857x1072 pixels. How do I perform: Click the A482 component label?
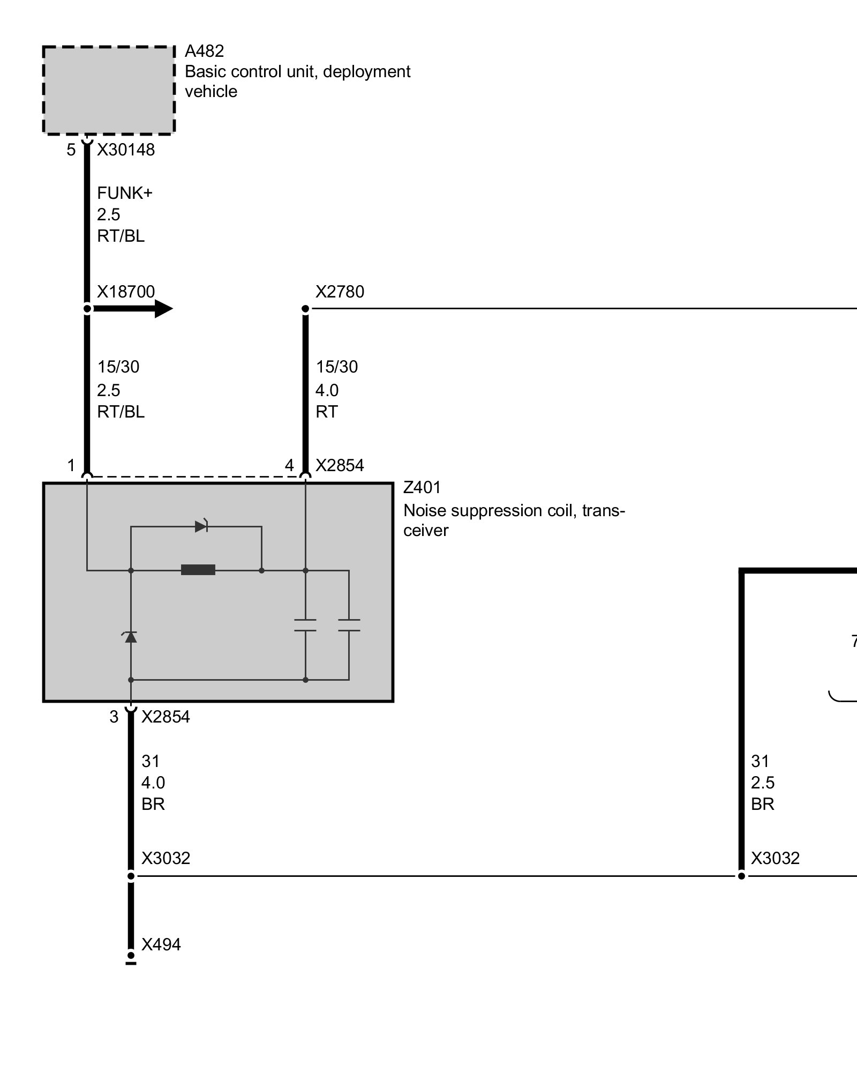click(204, 51)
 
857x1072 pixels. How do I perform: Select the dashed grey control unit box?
click(109, 90)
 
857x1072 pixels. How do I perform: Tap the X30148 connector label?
click(126, 150)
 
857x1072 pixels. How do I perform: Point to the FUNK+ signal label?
click(125, 193)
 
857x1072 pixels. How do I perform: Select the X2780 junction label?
click(340, 292)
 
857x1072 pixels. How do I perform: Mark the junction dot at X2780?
click(305, 309)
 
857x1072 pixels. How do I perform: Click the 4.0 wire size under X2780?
click(327, 390)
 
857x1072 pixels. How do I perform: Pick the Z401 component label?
click(422, 488)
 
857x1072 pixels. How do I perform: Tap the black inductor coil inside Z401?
click(198, 570)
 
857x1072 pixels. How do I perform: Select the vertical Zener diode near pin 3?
click(130, 637)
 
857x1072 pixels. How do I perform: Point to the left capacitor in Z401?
click(305, 625)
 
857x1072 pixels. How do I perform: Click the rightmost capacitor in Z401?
click(349, 625)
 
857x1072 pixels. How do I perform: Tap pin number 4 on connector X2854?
click(289, 465)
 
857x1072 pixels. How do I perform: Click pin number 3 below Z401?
click(114, 717)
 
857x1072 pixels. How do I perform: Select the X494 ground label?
click(161, 944)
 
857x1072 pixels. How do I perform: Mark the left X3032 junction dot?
click(131, 876)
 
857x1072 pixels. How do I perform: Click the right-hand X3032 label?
click(775, 858)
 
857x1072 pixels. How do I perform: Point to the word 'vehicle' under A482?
click(211, 91)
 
